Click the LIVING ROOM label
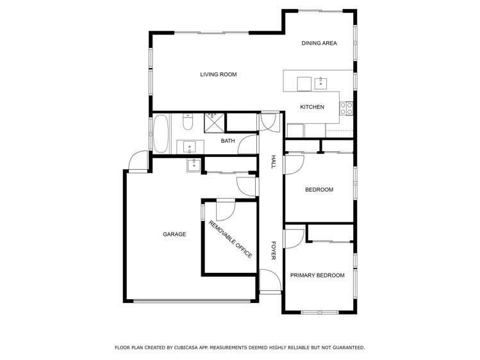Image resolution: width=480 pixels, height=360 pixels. point(218,75)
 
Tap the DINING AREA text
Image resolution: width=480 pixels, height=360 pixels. point(319,44)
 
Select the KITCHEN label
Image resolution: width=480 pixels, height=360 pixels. point(312,107)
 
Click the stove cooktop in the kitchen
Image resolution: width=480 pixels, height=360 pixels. point(346,108)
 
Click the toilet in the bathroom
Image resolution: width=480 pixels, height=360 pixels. point(187,121)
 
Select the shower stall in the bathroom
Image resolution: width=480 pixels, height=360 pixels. point(212,121)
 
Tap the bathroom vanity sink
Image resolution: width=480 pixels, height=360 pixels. point(190,147)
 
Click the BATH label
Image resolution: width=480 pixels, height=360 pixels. point(228,141)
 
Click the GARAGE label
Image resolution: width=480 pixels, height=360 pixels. point(174,234)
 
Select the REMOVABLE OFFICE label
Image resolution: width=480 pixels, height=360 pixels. point(230,239)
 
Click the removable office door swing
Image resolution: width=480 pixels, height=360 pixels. point(226,209)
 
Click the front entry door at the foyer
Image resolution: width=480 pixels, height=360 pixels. point(270,280)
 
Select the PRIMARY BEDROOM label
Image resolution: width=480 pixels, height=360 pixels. point(317,275)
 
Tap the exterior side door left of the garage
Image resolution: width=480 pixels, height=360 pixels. point(138,161)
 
